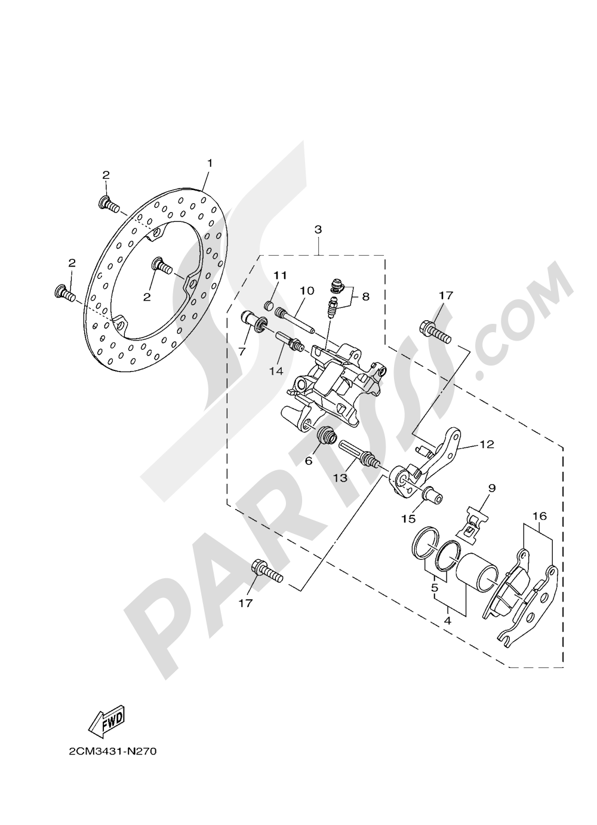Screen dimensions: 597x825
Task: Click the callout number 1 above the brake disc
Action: click(210, 163)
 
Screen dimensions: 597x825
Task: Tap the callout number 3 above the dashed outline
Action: click(318, 229)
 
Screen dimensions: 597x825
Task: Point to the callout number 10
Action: click(307, 290)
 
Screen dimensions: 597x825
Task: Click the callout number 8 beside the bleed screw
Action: click(365, 296)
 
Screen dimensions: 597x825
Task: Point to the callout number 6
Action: click(309, 461)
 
